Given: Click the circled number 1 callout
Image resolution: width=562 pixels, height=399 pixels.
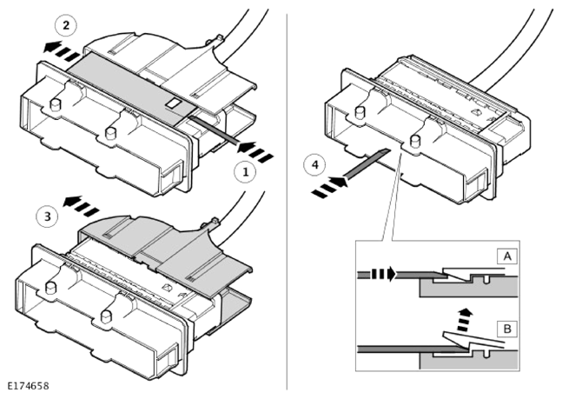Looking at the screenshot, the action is [246, 172].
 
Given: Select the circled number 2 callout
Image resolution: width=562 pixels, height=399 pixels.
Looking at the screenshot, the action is [66, 26].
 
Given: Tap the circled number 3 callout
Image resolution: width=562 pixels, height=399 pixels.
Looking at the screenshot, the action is [47, 216].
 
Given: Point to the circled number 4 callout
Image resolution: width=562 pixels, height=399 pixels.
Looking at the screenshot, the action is [314, 165].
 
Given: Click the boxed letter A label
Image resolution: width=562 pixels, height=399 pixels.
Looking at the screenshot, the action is [506, 256].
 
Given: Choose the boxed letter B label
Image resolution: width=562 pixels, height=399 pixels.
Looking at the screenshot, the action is [507, 329].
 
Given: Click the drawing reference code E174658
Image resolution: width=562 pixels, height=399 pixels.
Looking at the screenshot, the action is [28, 386].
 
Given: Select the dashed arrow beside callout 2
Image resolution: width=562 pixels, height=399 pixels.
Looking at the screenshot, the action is [62, 51].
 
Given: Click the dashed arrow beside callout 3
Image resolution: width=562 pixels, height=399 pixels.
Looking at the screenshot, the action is [81, 206].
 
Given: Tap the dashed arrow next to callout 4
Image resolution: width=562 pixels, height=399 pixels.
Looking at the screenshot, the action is [329, 187].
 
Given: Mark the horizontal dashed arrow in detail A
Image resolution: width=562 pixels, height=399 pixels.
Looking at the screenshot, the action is [382, 274].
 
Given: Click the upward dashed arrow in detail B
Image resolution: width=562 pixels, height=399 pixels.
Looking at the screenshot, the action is [465, 320].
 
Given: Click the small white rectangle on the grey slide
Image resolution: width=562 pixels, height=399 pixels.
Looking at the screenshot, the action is [175, 103].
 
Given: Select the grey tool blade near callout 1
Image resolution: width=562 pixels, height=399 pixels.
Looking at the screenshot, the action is [214, 129].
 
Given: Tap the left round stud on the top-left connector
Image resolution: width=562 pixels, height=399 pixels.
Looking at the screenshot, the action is [55, 105].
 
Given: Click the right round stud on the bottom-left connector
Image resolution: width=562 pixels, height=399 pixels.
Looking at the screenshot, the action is [106, 316].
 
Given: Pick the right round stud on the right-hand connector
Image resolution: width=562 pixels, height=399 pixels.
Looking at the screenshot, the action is [415, 141].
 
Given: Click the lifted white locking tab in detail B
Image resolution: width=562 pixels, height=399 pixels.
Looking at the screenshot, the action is [473, 342].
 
